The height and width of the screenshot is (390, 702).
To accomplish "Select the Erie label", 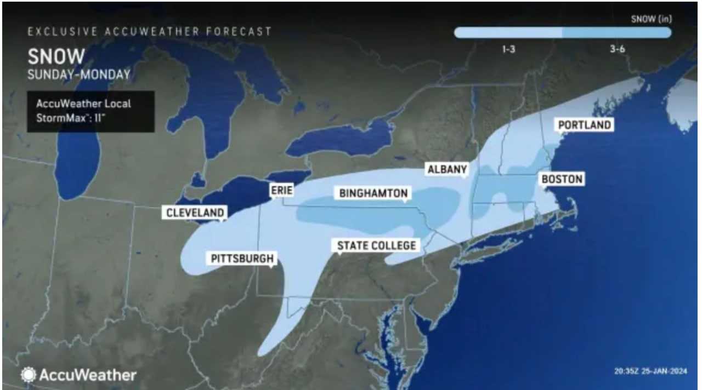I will click(281, 190).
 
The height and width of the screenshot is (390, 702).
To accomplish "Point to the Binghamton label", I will click(373, 193).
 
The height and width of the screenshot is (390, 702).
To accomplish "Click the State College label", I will click(376, 245).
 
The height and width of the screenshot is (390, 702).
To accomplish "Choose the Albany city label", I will click(447, 170).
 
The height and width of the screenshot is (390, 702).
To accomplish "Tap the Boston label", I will click(562, 179).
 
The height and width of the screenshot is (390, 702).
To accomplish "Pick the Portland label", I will click(584, 125).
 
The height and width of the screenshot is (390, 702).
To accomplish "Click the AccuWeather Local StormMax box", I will click(90, 111).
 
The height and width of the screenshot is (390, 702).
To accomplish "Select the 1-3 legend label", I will click(508, 49).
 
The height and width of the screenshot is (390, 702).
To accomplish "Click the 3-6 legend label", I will click(617, 49).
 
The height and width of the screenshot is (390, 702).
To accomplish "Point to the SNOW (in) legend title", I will click(651, 19).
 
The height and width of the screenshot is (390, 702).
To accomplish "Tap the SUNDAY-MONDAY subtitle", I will click(79, 74).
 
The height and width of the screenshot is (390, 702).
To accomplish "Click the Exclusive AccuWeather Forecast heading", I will click(150, 31).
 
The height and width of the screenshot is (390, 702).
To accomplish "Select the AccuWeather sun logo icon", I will click(28, 375).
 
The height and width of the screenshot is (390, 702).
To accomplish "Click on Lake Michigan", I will click(77, 142).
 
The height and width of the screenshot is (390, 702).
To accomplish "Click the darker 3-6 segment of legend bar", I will click(616, 33).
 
